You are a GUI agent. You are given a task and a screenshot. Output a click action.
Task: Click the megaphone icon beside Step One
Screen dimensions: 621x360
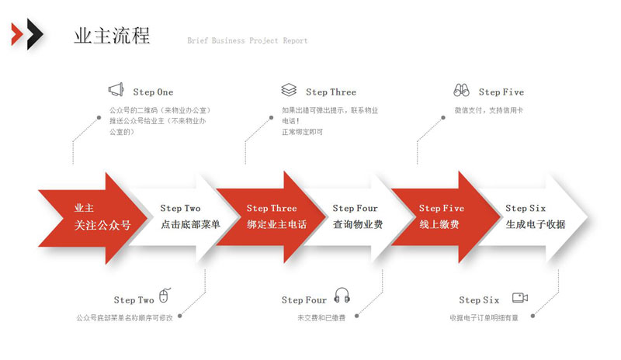click(116, 89)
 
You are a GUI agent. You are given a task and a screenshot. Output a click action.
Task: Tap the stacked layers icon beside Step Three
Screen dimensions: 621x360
click(289, 90)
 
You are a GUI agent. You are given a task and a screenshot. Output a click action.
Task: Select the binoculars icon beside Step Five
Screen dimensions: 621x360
click(461, 90)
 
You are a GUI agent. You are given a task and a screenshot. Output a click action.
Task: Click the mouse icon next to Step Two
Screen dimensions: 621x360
click(165, 296)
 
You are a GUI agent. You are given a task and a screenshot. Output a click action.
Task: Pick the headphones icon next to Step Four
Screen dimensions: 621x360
click(342, 295)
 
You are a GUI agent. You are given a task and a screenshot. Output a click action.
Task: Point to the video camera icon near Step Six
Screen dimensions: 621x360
click(520, 297)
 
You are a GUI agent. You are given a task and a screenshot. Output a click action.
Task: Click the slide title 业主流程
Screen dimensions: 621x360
click(112, 36)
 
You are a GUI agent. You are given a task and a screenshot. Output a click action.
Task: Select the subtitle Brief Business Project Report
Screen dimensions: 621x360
click(248, 40)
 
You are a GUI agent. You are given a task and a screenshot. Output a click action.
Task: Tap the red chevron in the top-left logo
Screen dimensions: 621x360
click(17, 34)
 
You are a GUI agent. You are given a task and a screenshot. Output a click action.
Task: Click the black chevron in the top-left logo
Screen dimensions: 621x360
click(35, 34)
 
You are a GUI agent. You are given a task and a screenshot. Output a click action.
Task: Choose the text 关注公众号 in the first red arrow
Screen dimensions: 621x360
click(102, 225)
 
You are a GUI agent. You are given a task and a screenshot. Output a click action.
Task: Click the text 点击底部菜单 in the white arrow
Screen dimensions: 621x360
click(190, 224)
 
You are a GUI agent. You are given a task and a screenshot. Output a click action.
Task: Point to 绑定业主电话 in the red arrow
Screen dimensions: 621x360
click(277, 224)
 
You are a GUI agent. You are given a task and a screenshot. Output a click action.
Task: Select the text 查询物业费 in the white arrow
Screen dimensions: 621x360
click(358, 224)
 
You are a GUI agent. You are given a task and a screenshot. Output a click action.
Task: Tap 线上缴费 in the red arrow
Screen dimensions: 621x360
click(439, 224)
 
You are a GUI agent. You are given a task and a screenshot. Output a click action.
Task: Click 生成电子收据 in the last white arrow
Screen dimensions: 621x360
click(536, 224)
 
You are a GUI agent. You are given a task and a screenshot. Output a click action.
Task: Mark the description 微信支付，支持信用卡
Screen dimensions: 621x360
click(489, 110)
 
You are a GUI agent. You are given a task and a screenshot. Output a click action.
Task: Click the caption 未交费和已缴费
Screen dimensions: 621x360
click(321, 317)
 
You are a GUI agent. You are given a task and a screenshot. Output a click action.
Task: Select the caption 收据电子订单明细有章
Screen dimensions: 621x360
click(484, 317)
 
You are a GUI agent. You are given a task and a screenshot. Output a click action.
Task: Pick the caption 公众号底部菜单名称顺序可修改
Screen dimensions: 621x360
click(124, 317)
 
